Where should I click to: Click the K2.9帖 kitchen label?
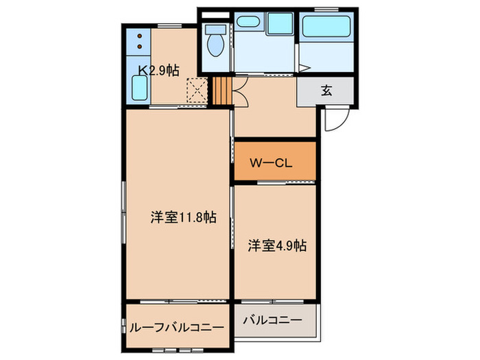tap(159, 69)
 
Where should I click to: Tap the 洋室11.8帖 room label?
tap(184, 218)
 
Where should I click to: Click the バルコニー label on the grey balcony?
tap(272, 320)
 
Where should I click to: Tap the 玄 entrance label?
tap(325, 91)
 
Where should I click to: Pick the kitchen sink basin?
tap(139, 88)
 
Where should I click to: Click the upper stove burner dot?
tap(139, 36)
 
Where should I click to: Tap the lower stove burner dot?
tap(139, 47)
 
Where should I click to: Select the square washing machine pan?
tap(279, 24)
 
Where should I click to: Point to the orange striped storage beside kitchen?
tap(220, 91)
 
